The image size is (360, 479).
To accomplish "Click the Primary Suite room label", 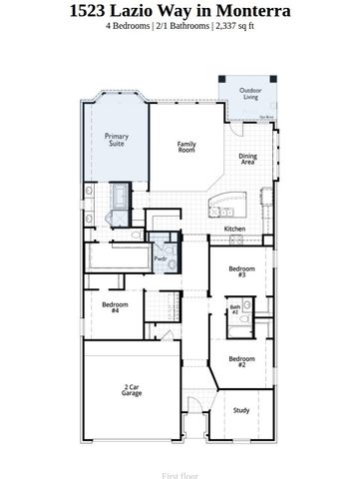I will pyautogui.click(x=118, y=140).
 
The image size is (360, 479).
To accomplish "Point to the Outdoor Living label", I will pyautogui.click(x=249, y=94).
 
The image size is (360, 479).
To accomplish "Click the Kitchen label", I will pyautogui.click(x=234, y=229).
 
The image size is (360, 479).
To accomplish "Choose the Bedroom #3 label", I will pyautogui.click(x=242, y=271).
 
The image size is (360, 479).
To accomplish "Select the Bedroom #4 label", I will pyautogui.click(x=115, y=306).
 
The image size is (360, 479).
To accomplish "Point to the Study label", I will pyautogui.click(x=241, y=409).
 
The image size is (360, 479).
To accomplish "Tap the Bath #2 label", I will pyautogui.click(x=235, y=310).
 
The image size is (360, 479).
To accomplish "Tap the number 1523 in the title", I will pyautogui.click(x=91, y=11).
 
